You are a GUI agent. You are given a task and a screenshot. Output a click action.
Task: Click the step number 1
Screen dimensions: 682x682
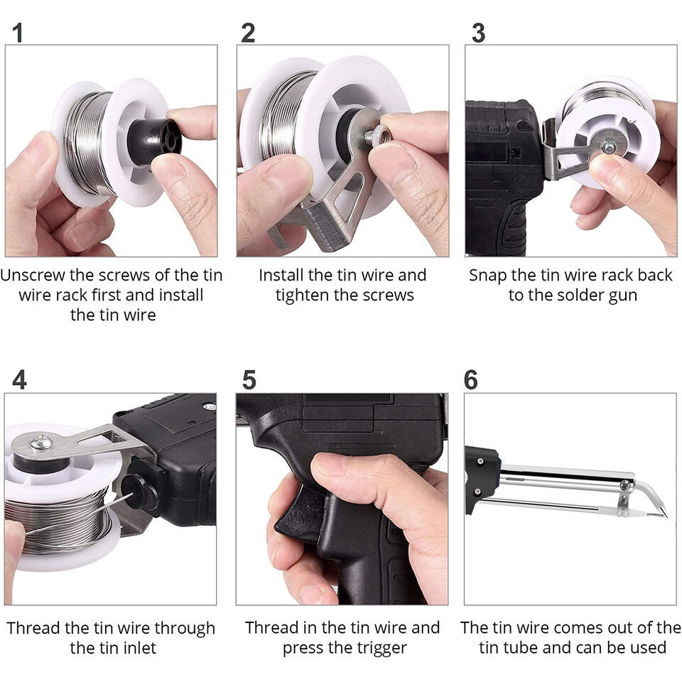17,33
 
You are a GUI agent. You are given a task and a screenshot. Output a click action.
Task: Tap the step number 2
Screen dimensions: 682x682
248,33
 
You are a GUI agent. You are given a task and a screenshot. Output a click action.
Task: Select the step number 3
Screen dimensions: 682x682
478,33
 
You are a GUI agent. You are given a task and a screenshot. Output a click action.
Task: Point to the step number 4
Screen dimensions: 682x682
20,379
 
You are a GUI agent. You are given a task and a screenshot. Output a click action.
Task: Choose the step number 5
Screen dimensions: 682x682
249,379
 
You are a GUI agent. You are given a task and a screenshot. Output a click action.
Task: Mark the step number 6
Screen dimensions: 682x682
470,379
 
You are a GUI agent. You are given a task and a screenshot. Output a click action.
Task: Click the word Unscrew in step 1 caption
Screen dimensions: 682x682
33,276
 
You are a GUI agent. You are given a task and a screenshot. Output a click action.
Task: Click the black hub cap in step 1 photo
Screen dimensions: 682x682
154,141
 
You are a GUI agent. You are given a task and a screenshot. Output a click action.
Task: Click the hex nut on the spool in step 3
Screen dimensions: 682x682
609,148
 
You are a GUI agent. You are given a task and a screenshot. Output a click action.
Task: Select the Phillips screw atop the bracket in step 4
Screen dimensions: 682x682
41,441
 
